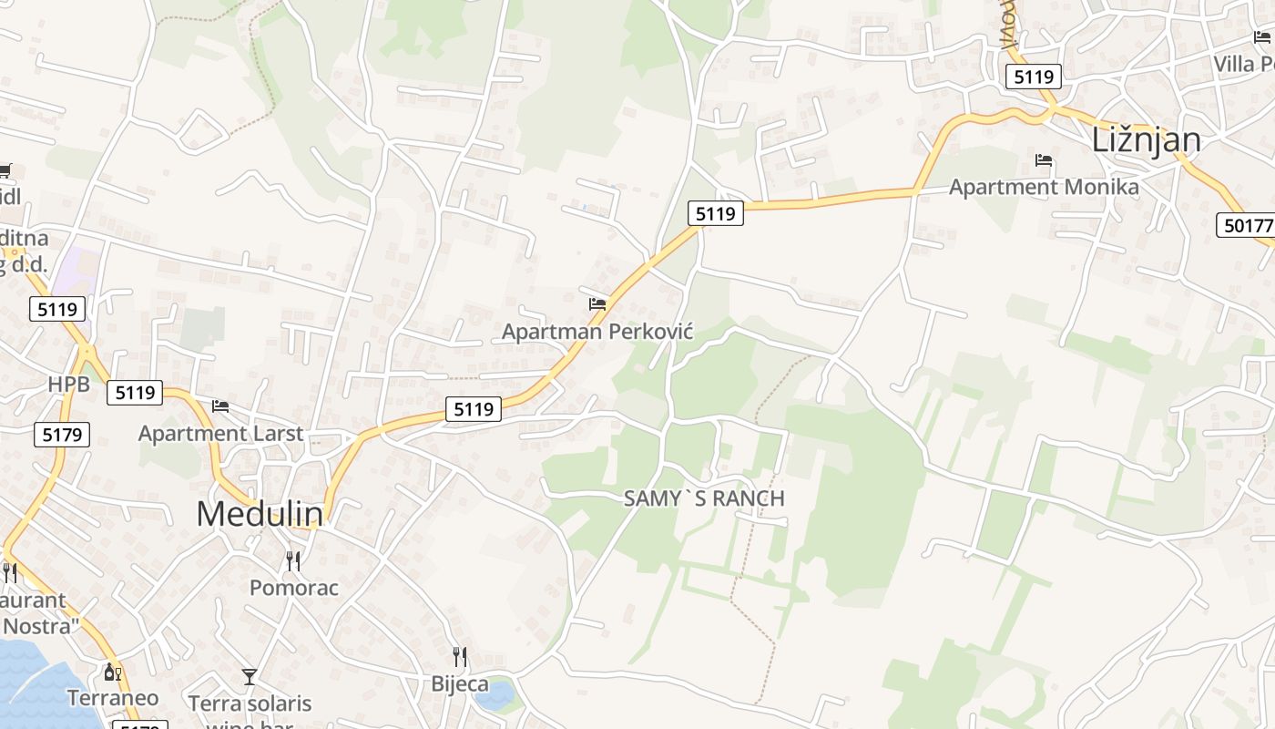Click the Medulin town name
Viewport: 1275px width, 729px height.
coord(260,515)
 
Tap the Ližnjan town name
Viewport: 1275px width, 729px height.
coord(1146,140)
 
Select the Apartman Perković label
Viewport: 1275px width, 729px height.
coord(597,332)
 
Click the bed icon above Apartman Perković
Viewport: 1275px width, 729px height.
coord(597,303)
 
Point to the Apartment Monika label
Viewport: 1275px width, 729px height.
coord(1044,188)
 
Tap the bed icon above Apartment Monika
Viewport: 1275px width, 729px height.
coord(1044,160)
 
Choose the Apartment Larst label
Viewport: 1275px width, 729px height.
coord(220,434)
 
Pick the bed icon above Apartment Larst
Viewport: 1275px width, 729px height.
coord(220,406)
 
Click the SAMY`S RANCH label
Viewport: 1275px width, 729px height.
coord(704,499)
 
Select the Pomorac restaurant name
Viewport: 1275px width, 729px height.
coord(294,589)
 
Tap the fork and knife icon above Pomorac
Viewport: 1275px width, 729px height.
coord(293,561)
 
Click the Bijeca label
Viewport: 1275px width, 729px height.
coord(460,684)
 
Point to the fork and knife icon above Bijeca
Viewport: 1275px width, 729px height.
coord(460,657)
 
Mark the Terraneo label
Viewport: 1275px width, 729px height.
coord(113,699)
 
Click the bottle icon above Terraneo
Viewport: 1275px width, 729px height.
coord(113,673)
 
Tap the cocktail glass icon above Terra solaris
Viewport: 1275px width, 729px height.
coord(250,677)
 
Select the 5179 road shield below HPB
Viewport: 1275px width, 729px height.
coord(63,435)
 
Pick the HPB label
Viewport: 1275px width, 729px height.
coord(69,385)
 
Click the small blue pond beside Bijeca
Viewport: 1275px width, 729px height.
coord(495,696)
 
